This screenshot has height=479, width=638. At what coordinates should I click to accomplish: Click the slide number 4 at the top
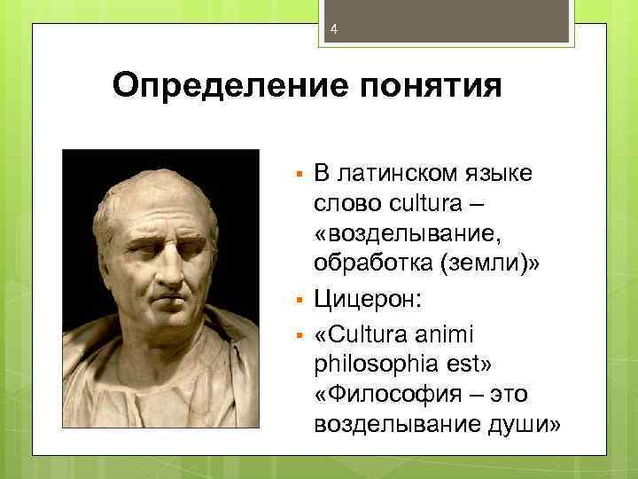[334, 30]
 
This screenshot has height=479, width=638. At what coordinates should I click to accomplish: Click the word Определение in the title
[212, 87]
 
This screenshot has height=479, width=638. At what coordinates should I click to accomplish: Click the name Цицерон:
[369, 299]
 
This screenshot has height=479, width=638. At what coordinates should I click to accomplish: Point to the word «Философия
[382, 395]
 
